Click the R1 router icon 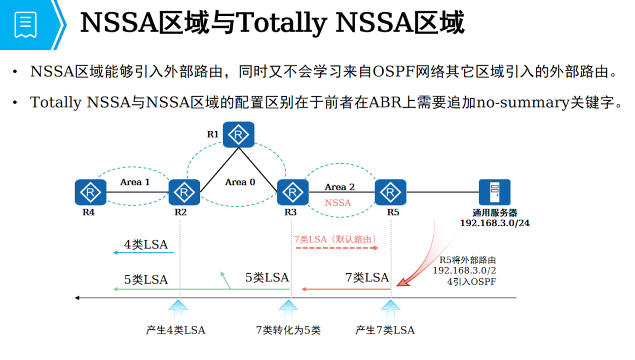click(238, 135)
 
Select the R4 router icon click(90, 192)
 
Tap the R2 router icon click(184, 192)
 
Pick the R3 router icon click(292, 192)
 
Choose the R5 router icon click(390, 192)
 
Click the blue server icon click(494, 192)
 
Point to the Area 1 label click(135, 182)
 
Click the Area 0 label click(240, 182)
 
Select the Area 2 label click(339, 187)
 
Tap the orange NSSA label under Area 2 click(338, 203)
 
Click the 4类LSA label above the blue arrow click(146, 244)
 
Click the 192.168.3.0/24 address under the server click(494, 223)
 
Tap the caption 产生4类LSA click(176, 330)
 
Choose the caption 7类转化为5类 click(288, 330)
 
